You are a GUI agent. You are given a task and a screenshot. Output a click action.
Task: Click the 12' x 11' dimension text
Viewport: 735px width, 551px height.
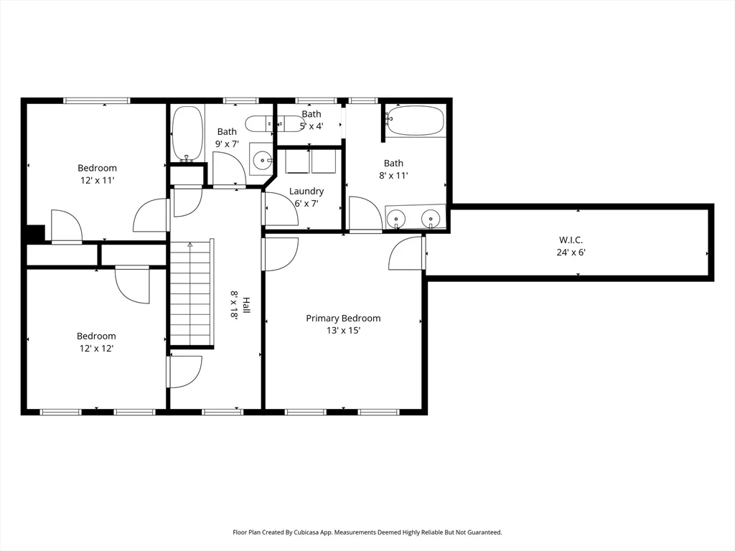click(97, 181)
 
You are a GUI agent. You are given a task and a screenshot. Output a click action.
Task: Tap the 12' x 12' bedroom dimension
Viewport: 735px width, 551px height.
click(96, 349)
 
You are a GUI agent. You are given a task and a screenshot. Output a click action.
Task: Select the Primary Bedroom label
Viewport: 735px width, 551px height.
click(343, 319)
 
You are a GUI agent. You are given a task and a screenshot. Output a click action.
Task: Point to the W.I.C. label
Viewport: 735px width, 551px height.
click(571, 240)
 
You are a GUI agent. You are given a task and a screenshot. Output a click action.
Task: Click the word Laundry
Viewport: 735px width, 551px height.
click(306, 192)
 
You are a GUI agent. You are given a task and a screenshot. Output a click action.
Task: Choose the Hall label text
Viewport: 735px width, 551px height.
click(246, 305)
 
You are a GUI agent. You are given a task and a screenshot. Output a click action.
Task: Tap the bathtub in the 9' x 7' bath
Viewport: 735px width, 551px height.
click(187, 134)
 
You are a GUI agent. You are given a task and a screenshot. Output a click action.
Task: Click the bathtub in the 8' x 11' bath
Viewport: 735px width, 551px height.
click(416, 121)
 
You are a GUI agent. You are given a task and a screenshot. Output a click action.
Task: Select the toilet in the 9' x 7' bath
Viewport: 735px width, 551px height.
click(258, 124)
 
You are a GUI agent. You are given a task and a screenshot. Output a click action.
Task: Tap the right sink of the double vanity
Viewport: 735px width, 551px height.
click(430, 217)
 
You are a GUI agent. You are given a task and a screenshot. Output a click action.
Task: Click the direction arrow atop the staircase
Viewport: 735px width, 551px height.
click(190, 245)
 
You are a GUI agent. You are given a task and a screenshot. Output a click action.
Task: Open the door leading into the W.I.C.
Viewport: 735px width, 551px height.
click(408, 255)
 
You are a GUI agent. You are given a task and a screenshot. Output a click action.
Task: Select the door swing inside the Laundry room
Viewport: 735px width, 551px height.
click(281, 210)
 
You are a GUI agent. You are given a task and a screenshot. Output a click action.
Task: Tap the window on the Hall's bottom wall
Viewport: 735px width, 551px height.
click(223, 412)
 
